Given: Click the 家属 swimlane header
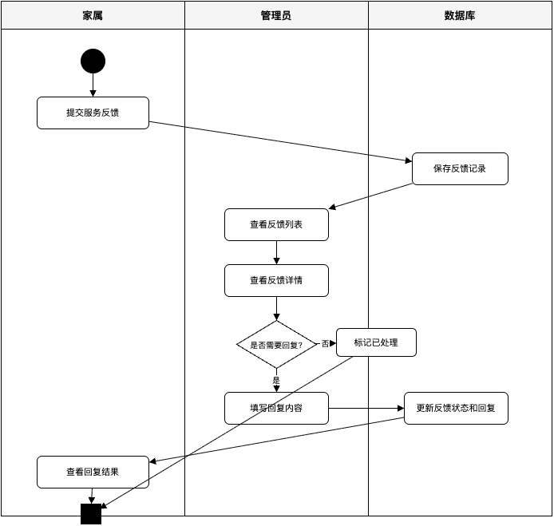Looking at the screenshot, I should point(93,15).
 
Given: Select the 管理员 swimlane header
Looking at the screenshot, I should point(276,15).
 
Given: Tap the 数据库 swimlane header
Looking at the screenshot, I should point(460,15).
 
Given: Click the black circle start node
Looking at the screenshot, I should point(93,61).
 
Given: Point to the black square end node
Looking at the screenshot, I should point(91,514).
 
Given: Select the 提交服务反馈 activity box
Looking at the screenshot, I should point(93,113).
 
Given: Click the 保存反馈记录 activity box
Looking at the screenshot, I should point(460,168).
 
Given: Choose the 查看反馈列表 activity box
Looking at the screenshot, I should point(276,224).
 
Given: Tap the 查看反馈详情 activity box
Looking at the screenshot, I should point(276,280).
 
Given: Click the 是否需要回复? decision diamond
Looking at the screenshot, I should point(276,345).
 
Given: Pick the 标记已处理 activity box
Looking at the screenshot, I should point(376,342).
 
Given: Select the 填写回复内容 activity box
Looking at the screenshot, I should point(276,408).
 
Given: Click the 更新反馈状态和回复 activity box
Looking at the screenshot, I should point(456,408).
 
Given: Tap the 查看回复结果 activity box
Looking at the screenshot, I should point(93,472).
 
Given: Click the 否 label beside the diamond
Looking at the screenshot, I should point(325,344).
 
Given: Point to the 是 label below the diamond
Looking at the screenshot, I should point(276,381).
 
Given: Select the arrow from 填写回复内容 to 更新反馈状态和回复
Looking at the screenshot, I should point(366,408).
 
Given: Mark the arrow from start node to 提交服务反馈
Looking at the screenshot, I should point(93,85).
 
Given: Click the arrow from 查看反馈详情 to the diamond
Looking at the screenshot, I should point(276,308).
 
